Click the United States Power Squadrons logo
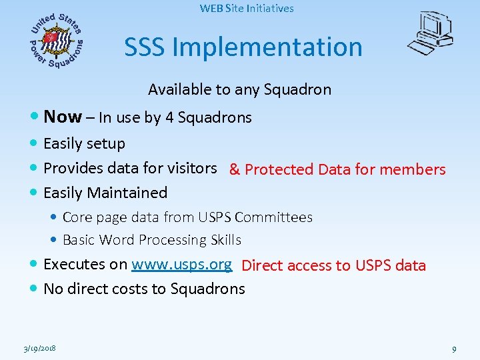pyautogui.click(x=57, y=41)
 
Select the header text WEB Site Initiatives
pyautogui.click(x=247, y=9)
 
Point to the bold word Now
pyautogui.click(x=62, y=117)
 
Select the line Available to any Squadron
pyautogui.click(x=239, y=89)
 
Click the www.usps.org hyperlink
pyautogui.click(x=181, y=264)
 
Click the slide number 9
pyautogui.click(x=453, y=349)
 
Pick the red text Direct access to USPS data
pyautogui.click(x=333, y=265)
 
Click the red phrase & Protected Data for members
pyautogui.click(x=337, y=169)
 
